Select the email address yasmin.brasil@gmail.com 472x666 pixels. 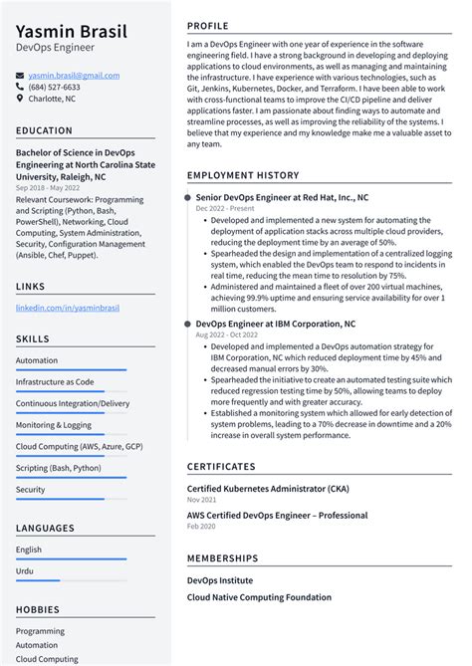point(66,76)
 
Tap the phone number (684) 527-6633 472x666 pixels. point(54,87)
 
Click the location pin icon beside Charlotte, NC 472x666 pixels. point(20,99)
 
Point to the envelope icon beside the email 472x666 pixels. point(20,76)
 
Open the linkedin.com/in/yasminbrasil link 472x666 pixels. point(68,308)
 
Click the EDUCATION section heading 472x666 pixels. point(44,130)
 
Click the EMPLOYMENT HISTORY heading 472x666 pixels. point(242,174)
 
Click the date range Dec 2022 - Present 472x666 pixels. point(225,209)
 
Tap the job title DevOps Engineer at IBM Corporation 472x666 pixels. point(275,324)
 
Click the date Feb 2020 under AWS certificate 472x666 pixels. point(200,527)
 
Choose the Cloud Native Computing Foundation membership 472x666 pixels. point(259,597)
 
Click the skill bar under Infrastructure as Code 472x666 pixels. point(71,391)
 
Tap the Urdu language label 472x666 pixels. point(26,570)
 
